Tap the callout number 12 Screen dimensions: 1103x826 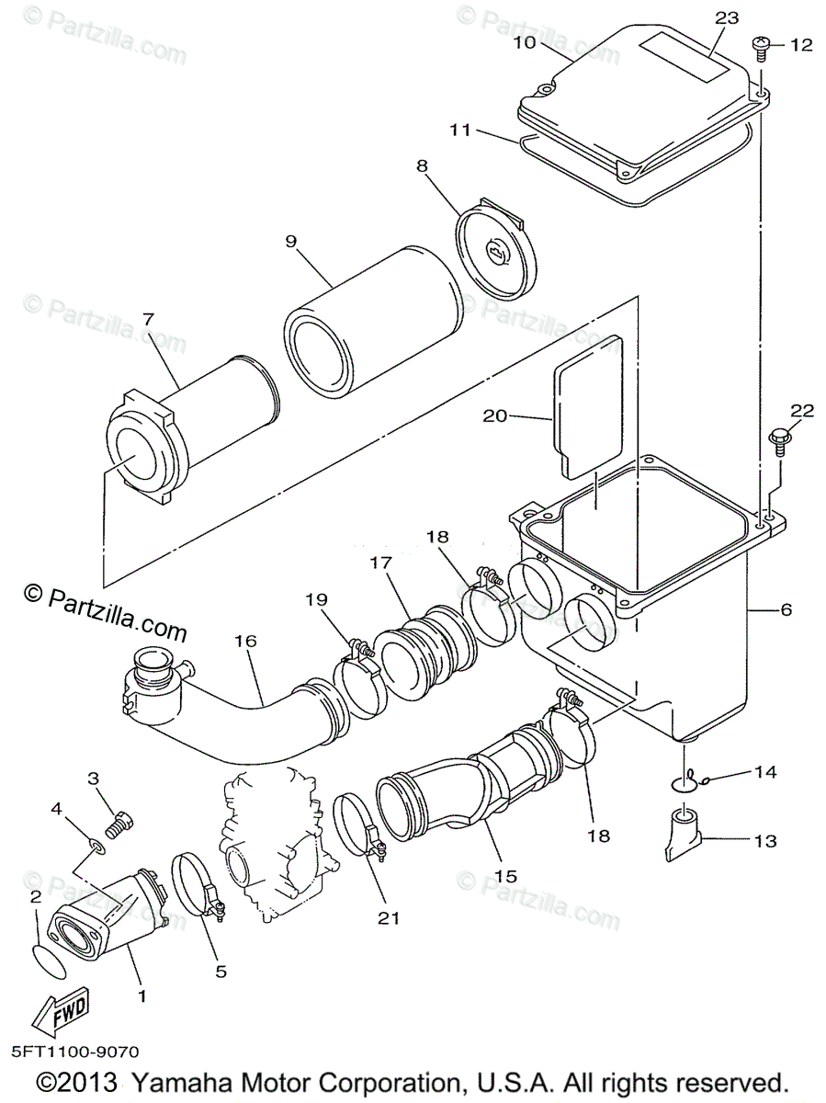[x=801, y=45]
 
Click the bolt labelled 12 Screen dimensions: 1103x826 [x=762, y=44]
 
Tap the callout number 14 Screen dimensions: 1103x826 [x=765, y=773]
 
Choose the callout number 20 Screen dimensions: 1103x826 [x=495, y=416]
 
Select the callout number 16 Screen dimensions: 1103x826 [x=245, y=641]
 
